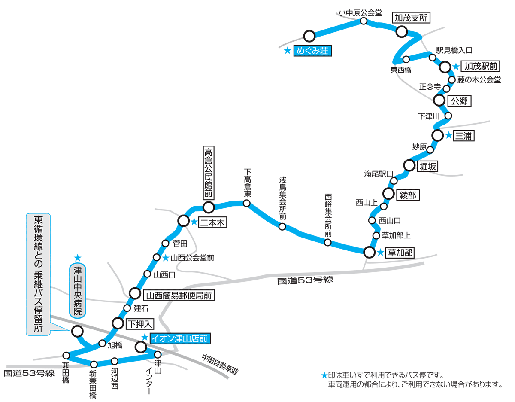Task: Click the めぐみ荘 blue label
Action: point(312,51)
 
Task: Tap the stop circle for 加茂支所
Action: point(401,32)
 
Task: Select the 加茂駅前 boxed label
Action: point(480,66)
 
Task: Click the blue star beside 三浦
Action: point(448,135)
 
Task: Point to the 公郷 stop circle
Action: point(439,100)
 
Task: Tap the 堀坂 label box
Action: point(428,167)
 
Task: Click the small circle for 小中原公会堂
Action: point(364,21)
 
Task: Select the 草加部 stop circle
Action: point(369,252)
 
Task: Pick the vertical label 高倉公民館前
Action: point(209,173)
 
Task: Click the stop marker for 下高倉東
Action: point(246,203)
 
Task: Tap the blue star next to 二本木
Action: point(194,222)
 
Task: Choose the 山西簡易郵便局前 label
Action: point(179,295)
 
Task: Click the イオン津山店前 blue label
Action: point(180,338)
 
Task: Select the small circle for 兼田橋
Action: point(66,356)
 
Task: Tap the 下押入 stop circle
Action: point(118,323)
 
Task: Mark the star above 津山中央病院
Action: point(78,258)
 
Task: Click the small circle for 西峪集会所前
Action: point(327,242)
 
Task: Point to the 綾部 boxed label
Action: point(408,195)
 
